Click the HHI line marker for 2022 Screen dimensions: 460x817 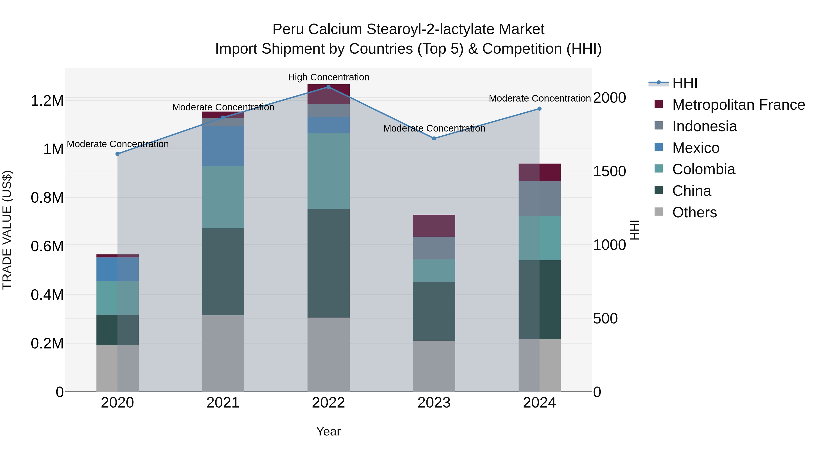point(328,87)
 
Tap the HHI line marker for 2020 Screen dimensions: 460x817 point(117,154)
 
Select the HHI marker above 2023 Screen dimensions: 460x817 point(434,138)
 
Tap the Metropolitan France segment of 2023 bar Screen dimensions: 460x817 point(434,226)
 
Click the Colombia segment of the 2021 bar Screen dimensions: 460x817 point(223,197)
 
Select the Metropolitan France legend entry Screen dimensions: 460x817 point(738,105)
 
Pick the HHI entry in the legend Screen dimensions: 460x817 point(684,83)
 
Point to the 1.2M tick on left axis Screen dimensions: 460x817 point(47,101)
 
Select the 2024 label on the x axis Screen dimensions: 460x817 point(539,403)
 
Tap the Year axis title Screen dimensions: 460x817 point(328,431)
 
